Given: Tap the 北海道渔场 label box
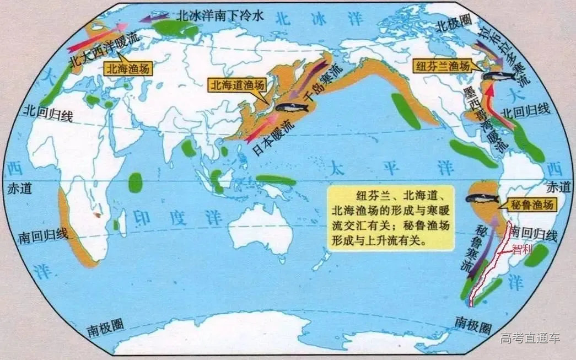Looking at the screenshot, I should pyautogui.click(x=237, y=85).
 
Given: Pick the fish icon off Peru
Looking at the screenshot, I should pyautogui.click(x=482, y=197).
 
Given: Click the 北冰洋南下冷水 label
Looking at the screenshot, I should pyautogui.click(x=220, y=15).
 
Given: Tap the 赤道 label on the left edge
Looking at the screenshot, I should pyautogui.click(x=20, y=188).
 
